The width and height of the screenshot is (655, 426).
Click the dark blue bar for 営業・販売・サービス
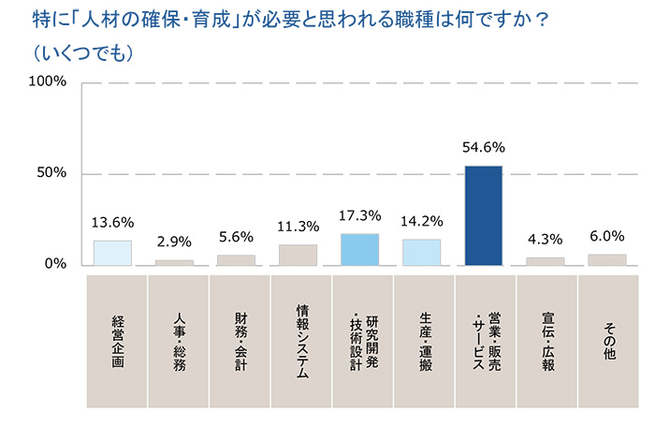pos(483,215)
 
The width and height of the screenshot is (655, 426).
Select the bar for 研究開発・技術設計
pos(359,249)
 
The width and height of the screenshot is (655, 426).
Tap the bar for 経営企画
pos(112,253)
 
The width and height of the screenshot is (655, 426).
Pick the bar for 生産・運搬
pos(421,252)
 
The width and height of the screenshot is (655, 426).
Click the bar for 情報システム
pos(298,255)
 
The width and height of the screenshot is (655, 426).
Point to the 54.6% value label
pos(484,147)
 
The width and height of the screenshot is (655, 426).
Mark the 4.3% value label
pos(546,239)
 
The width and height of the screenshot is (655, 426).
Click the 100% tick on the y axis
pos(48,82)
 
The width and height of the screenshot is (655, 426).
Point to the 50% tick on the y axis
pos(51,173)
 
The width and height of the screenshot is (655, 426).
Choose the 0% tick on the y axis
pos(55,264)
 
